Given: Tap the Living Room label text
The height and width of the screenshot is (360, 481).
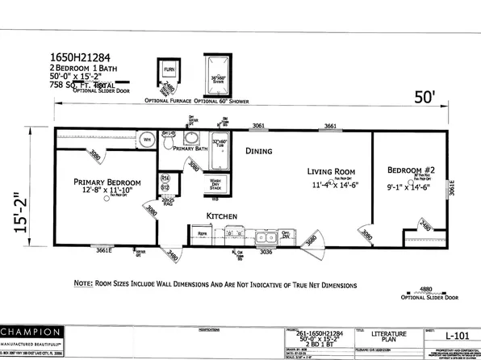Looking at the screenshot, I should pyautogui.click(x=330, y=171).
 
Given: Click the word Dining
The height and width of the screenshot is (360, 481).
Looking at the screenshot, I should pyautogui.click(x=258, y=150).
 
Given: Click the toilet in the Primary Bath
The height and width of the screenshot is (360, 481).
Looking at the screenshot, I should pyautogui.click(x=168, y=141).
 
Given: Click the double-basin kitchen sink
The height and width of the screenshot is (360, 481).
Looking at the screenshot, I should pyautogui.click(x=264, y=237).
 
